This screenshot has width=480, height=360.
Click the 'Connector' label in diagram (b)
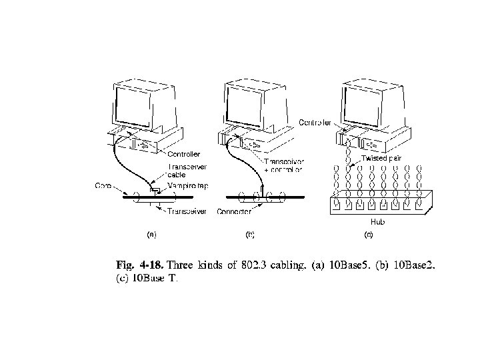point(233,211)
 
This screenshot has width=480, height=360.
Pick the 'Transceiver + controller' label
point(283,165)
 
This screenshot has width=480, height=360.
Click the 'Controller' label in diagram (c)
point(315,123)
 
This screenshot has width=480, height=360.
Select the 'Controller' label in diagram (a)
point(183,155)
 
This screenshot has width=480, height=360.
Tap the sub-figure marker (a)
point(151,235)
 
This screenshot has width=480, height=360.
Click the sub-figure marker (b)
point(250,235)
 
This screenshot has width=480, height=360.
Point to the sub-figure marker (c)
point(367,235)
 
